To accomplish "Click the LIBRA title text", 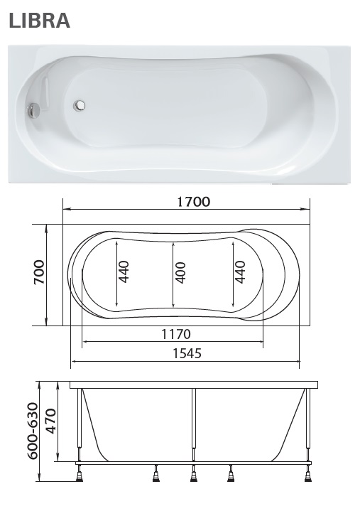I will coord(39,21).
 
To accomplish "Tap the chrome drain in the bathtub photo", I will coord(81,107).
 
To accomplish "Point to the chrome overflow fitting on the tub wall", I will coord(32,110).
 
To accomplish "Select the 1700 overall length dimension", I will coord(193,201).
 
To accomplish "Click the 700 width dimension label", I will coord(38,273).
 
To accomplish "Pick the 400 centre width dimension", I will coord(180,273).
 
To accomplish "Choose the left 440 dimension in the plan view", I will coord(124,273).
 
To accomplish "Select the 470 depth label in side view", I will coord(50,421).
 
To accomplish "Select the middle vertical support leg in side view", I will coord(193,423).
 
